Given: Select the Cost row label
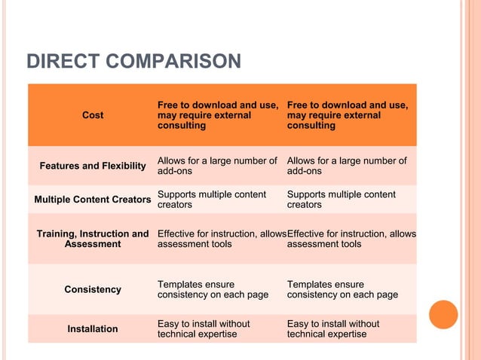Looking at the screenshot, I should coord(93,115).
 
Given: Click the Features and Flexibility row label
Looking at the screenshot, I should coord(93,166).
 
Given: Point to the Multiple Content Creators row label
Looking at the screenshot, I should coord(93,200).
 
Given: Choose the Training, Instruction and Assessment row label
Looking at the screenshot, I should coord(93,239).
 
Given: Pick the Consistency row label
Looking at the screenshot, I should coord(93,289).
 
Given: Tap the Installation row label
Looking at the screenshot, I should coord(93,328).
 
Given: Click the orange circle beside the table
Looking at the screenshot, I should coord(443,315).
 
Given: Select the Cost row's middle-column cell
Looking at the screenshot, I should coord(218,115).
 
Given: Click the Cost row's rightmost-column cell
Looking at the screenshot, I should coord(348,115).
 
